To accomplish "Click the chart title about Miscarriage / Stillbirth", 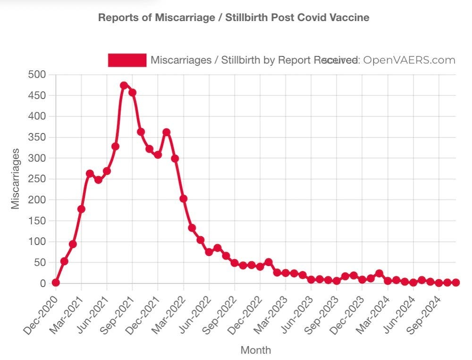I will tap(234, 17).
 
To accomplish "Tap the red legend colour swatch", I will tap(127, 60).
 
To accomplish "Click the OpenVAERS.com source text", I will tap(409, 60).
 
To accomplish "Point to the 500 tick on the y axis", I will tap(36, 75).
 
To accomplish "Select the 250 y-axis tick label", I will tap(36, 179).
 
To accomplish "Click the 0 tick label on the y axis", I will tap(42, 283).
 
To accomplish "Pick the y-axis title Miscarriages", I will tap(16, 179).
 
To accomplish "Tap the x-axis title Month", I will tap(256, 350).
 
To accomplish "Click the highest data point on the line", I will tap(124, 86).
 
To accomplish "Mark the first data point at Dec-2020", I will tap(56, 283).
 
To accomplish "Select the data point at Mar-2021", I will tap(81, 209).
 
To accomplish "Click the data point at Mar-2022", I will tap(184, 198).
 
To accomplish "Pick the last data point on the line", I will tap(456, 283).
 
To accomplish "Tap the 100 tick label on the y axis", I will tap(36, 241).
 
